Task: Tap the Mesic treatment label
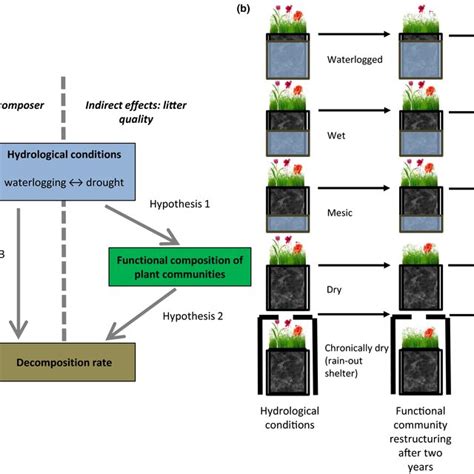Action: pos(346,213)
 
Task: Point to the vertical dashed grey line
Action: pos(63,250)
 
